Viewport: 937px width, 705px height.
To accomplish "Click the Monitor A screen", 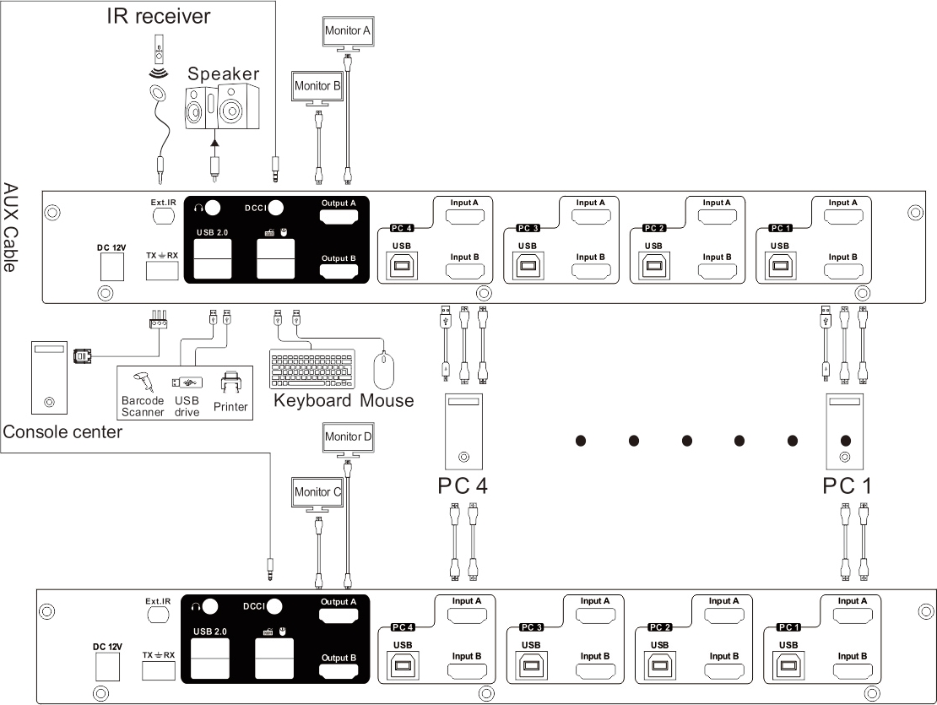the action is click(348, 31).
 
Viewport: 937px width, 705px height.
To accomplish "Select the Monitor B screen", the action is click(317, 87).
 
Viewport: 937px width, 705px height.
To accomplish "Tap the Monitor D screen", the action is click(348, 437).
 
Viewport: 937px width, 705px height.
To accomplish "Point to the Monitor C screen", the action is click(317, 492).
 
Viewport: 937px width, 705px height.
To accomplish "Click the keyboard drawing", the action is click(312, 369).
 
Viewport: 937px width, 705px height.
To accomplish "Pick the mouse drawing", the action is click(383, 371).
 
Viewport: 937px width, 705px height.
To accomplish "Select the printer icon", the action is click(230, 382).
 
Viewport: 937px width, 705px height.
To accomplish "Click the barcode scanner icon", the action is click(143, 382).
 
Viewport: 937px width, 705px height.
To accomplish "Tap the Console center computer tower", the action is click(49, 377).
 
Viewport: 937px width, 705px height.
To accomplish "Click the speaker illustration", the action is click(222, 106).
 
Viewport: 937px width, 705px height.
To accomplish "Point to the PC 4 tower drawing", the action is click(463, 431).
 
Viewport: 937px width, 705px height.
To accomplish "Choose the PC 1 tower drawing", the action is click(844, 431).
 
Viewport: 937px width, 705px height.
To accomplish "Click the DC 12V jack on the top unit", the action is click(111, 267).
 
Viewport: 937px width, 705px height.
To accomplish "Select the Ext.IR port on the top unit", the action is click(163, 216).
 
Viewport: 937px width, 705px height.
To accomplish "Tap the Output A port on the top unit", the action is click(339, 216).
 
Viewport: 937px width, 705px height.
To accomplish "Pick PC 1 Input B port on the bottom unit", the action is click(853, 670).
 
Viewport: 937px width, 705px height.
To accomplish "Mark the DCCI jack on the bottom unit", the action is click(274, 607).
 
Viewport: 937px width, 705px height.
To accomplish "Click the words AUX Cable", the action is click(10, 228).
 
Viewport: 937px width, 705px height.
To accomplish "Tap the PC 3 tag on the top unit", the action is click(528, 228).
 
